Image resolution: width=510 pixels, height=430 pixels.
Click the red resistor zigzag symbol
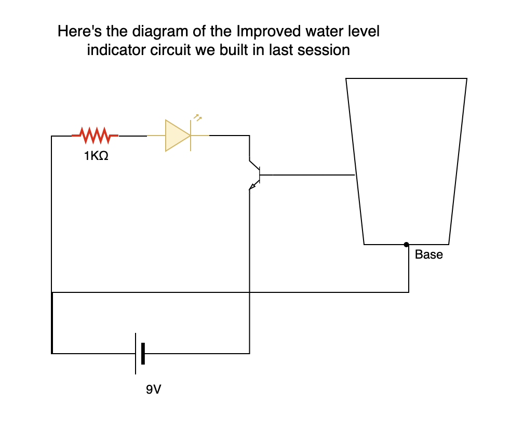(95, 136)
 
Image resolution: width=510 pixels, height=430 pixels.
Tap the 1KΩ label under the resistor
(96, 156)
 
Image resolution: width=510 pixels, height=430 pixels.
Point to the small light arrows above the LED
(196, 117)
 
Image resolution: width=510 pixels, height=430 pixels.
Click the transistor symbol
(256, 176)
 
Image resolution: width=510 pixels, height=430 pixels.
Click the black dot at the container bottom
(407, 244)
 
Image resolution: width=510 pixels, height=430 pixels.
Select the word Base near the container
(428, 255)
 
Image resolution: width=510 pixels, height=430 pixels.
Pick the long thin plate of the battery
(136, 354)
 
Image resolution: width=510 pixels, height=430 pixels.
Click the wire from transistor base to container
(306, 176)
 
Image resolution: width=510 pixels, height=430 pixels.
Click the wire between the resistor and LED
(132, 136)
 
